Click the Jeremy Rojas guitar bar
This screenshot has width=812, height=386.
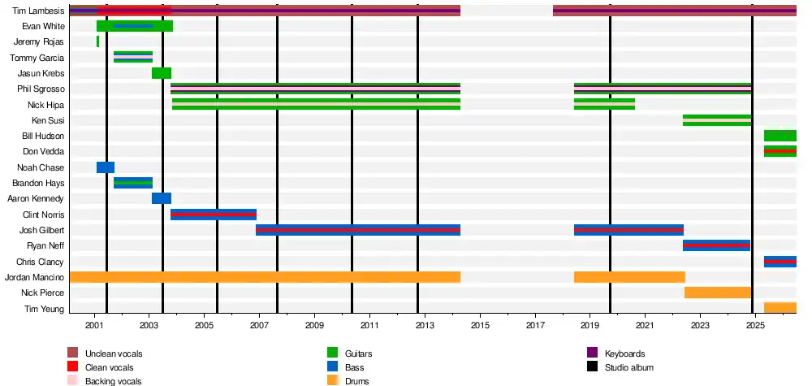[97, 41]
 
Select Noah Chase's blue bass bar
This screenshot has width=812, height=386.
[106, 167]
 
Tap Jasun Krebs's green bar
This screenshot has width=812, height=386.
[162, 73]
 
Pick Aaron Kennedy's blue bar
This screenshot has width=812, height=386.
[162, 198]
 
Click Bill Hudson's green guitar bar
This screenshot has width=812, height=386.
[780, 136]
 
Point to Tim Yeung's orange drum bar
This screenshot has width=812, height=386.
[780, 308]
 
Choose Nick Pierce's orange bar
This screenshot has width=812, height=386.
[718, 293]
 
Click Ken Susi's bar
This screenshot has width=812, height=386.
[717, 120]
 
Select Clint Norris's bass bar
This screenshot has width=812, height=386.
[214, 215]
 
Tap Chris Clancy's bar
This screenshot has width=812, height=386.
[780, 262]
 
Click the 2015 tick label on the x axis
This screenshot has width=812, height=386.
[480, 325]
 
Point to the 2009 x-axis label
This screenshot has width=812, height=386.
[314, 325]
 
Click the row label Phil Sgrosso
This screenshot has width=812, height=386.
[41, 89]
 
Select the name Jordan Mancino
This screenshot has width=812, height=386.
[34, 277]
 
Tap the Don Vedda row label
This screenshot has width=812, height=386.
[44, 152]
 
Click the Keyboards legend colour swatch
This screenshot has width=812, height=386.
[593, 353]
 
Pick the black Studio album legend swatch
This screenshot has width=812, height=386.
[593, 366]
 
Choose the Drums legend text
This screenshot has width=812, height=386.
[356, 381]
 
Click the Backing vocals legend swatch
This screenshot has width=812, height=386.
[73, 380]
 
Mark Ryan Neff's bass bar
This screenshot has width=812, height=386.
[716, 245]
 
